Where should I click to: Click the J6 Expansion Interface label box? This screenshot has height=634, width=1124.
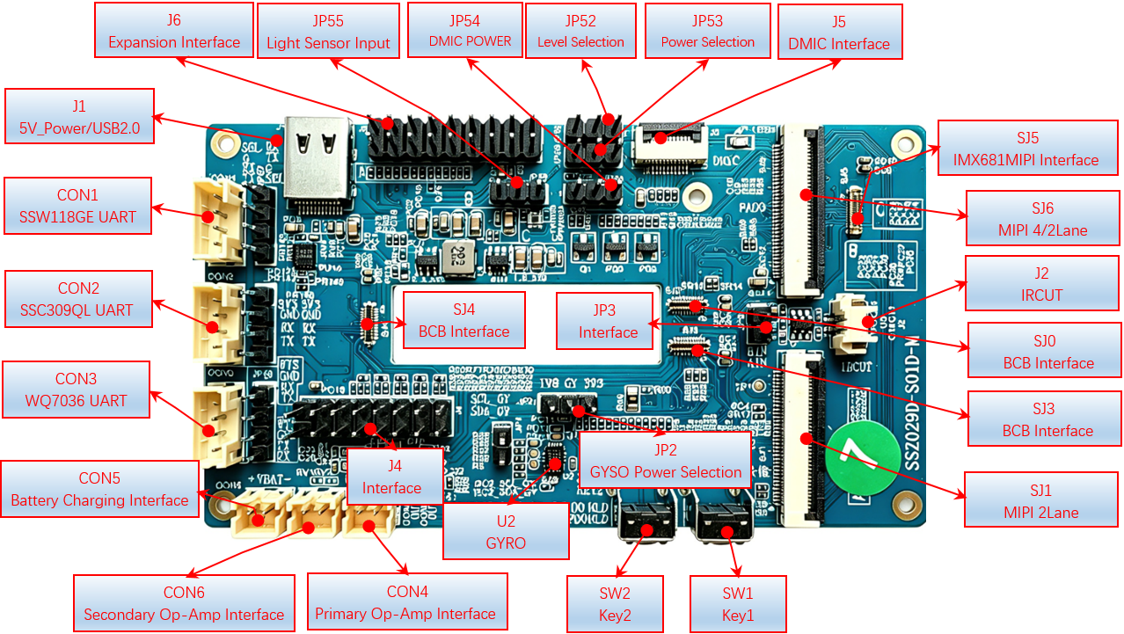pos(173,31)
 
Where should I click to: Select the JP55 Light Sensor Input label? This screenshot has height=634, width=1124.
pos(328,31)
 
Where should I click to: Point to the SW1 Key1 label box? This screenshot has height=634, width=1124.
pos(737,604)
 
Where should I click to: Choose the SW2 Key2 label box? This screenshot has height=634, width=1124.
pos(615,604)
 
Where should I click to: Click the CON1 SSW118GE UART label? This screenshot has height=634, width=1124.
pos(77,206)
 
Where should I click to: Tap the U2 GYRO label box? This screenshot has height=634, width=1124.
pos(506,531)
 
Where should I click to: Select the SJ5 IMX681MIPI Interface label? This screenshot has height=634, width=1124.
pos(1025,149)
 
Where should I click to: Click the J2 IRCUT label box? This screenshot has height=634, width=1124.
pos(1041,283)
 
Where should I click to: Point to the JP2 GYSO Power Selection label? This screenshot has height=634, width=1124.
pos(665,460)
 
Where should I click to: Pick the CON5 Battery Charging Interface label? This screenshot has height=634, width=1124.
pos(99,489)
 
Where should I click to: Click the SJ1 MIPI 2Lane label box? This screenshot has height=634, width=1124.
pos(1040,500)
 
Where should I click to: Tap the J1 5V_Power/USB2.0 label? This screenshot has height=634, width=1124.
pos(79,117)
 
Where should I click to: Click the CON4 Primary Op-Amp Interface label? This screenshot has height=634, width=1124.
pos(406,602)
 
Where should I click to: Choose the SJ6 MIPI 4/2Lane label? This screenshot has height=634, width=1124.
pos(1042,219)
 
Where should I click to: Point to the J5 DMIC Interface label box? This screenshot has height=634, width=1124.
pos(839,32)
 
